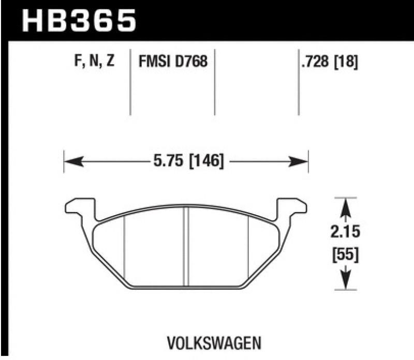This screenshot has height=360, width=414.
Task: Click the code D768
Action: tap(192, 62)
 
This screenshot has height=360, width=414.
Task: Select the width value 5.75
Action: tap(167, 162)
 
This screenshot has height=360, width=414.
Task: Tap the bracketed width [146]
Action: tap(205, 162)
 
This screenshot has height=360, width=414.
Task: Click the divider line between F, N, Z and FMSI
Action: tap(129, 83)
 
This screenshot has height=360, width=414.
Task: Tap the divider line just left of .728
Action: tap(299, 83)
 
